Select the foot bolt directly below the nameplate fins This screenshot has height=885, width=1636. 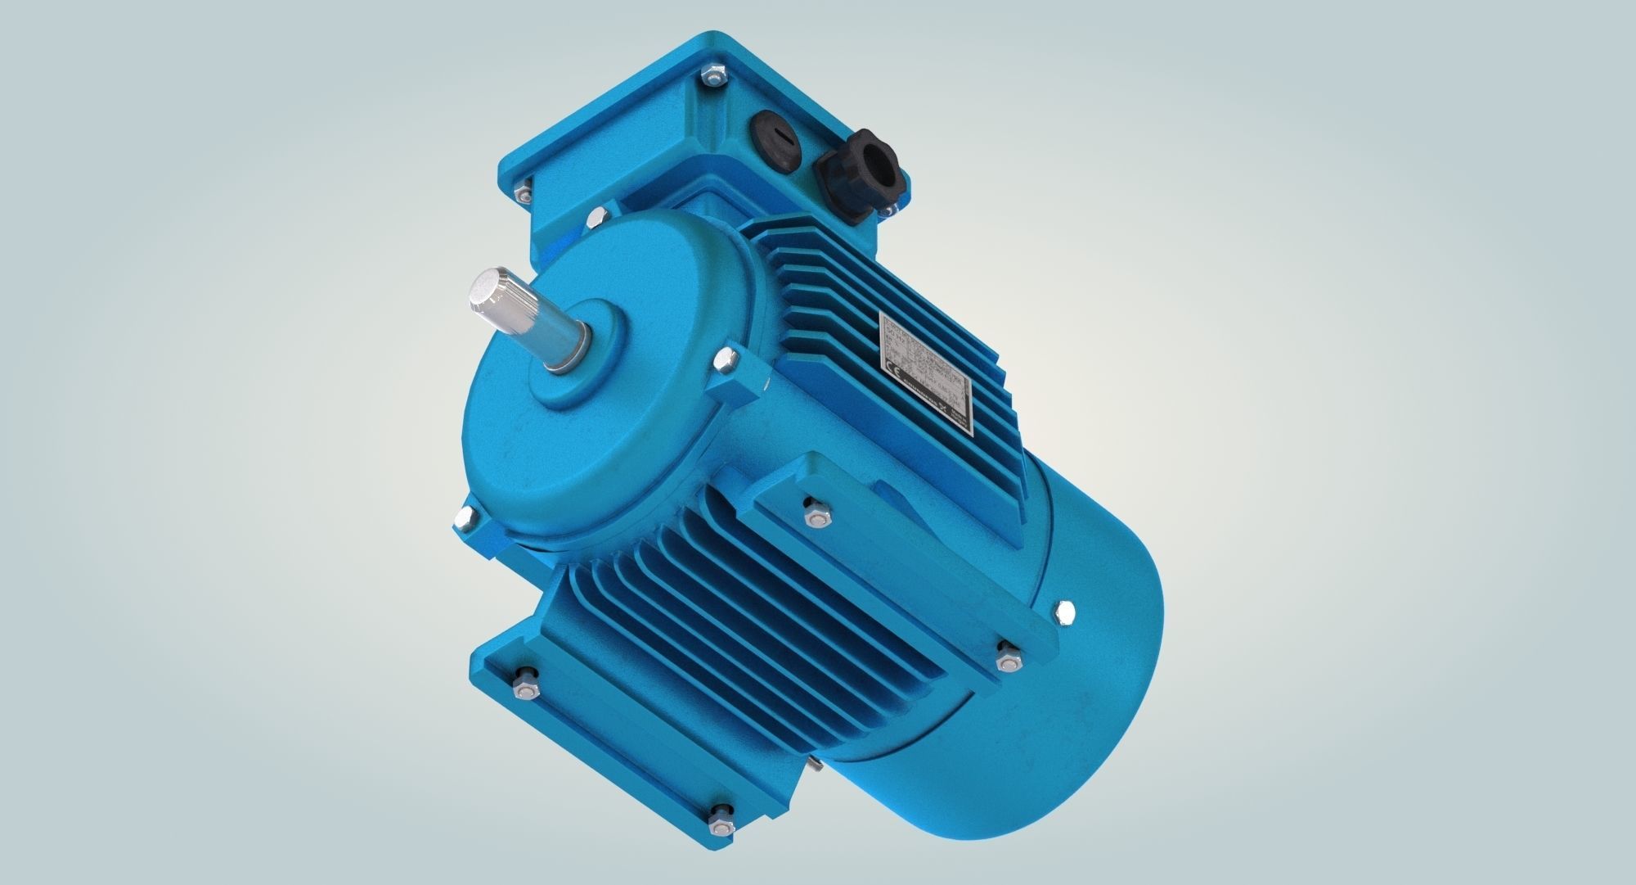point(815,509)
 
